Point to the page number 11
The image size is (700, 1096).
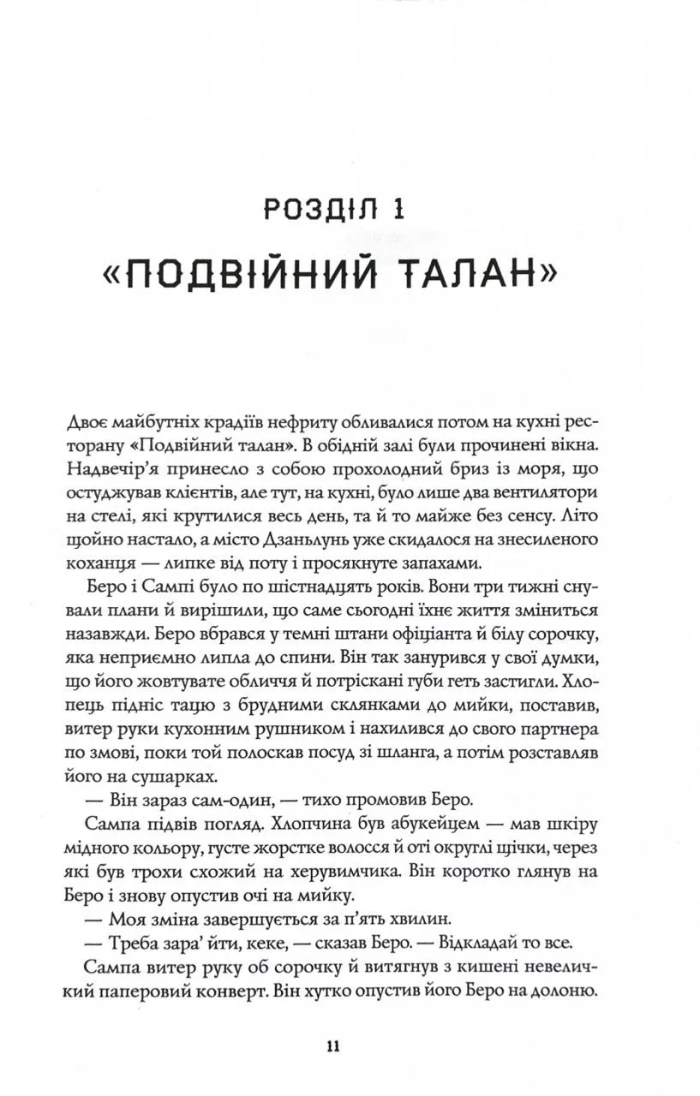coord(334,1047)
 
